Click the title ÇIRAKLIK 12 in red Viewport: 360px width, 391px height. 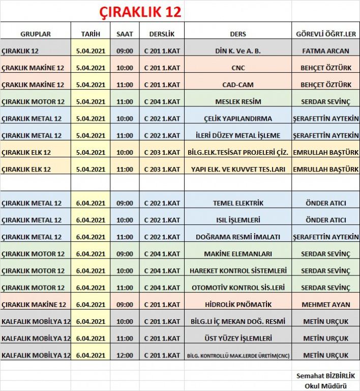tap(140, 11)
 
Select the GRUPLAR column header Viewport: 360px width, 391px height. tap(36, 34)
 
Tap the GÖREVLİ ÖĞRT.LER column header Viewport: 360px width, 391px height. tap(325, 34)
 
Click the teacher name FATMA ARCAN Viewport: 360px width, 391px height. tap(325, 51)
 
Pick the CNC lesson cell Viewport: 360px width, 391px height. tap(238, 68)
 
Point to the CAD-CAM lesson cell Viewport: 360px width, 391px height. tap(238, 85)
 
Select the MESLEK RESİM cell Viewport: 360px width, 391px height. tap(238, 101)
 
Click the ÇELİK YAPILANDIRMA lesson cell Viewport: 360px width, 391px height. tap(238, 119)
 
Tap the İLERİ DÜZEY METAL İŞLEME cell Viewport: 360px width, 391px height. tap(238, 135)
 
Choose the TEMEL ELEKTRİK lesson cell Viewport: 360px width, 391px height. tap(238, 203)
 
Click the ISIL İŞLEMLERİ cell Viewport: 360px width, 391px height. tap(238, 220)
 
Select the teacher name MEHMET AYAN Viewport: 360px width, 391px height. tap(325, 304)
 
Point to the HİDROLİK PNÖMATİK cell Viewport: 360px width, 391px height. tap(238, 304)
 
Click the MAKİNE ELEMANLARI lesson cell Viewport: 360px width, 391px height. tap(238, 254)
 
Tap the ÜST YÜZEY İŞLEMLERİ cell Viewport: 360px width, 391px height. tap(238, 338)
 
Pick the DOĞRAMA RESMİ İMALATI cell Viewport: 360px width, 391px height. tap(238, 237)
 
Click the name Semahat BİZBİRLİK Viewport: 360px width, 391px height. tap(325, 376)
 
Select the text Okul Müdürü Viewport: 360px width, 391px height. tap(325, 385)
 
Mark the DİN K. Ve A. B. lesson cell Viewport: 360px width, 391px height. tap(238, 51)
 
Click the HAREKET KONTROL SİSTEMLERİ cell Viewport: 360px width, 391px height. tap(238, 270)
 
